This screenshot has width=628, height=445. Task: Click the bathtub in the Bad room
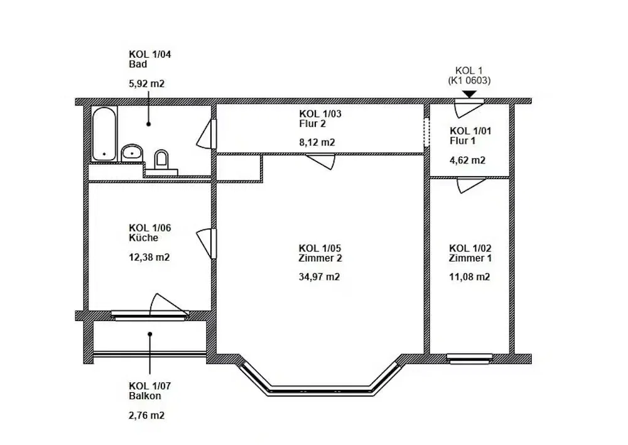(x=104, y=133)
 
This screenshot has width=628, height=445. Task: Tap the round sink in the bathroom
(x=132, y=153)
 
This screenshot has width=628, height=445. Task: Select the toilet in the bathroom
(x=161, y=159)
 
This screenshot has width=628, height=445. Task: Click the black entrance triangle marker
(x=469, y=95)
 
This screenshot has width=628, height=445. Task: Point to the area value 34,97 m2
(x=319, y=277)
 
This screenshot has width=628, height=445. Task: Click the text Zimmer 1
(x=470, y=258)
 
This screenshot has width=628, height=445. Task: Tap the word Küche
(x=143, y=238)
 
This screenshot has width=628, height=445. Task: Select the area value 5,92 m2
(x=146, y=84)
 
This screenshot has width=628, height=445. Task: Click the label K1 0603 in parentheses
(x=469, y=80)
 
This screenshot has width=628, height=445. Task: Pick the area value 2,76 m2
(x=146, y=415)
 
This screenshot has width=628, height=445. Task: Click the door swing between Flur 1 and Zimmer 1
(x=471, y=185)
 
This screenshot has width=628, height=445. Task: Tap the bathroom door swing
(x=206, y=134)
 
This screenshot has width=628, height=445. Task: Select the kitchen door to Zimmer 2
(x=206, y=243)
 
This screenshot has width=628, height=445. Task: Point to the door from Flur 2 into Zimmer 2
(x=320, y=161)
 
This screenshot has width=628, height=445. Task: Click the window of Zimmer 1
(x=469, y=359)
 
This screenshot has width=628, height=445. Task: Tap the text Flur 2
(x=312, y=124)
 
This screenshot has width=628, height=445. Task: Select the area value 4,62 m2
(x=467, y=161)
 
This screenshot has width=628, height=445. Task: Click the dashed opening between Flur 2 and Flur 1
(x=427, y=132)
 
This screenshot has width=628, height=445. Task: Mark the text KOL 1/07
(x=150, y=386)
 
